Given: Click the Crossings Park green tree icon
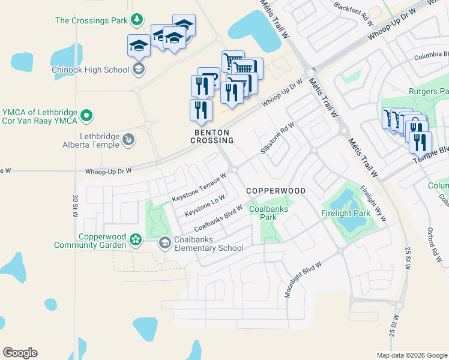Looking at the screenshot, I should tap(137, 20).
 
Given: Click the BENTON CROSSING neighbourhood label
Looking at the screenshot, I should tap(213, 136).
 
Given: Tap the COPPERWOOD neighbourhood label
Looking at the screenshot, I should tap(276, 191).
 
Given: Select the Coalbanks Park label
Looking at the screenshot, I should tap(269, 213).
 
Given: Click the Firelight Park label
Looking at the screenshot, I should tap(346, 213).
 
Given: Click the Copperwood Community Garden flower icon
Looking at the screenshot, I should tap(136, 241).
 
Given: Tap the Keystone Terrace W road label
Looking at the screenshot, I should tap(199, 188).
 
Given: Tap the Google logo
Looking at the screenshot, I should tap(20, 353).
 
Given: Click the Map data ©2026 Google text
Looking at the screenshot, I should tap(411, 355).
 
